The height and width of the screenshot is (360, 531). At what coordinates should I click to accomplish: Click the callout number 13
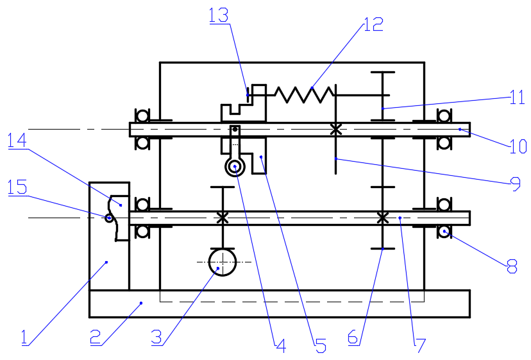coord(219,15)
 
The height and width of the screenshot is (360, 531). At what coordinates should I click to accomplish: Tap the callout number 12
coord(373,24)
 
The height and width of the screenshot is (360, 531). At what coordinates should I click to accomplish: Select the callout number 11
coord(517,98)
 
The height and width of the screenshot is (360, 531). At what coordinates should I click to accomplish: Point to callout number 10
coord(518,146)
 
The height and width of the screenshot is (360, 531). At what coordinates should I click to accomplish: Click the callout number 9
coord(516,184)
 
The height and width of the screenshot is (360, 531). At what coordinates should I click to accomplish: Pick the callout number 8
coord(512,266)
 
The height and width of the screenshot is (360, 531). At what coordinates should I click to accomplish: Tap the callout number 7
coord(420,345)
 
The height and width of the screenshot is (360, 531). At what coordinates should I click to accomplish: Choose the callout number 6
coord(353,338)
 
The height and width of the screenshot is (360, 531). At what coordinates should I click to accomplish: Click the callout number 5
coord(321,346)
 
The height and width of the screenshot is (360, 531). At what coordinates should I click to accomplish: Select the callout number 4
coord(281,346)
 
